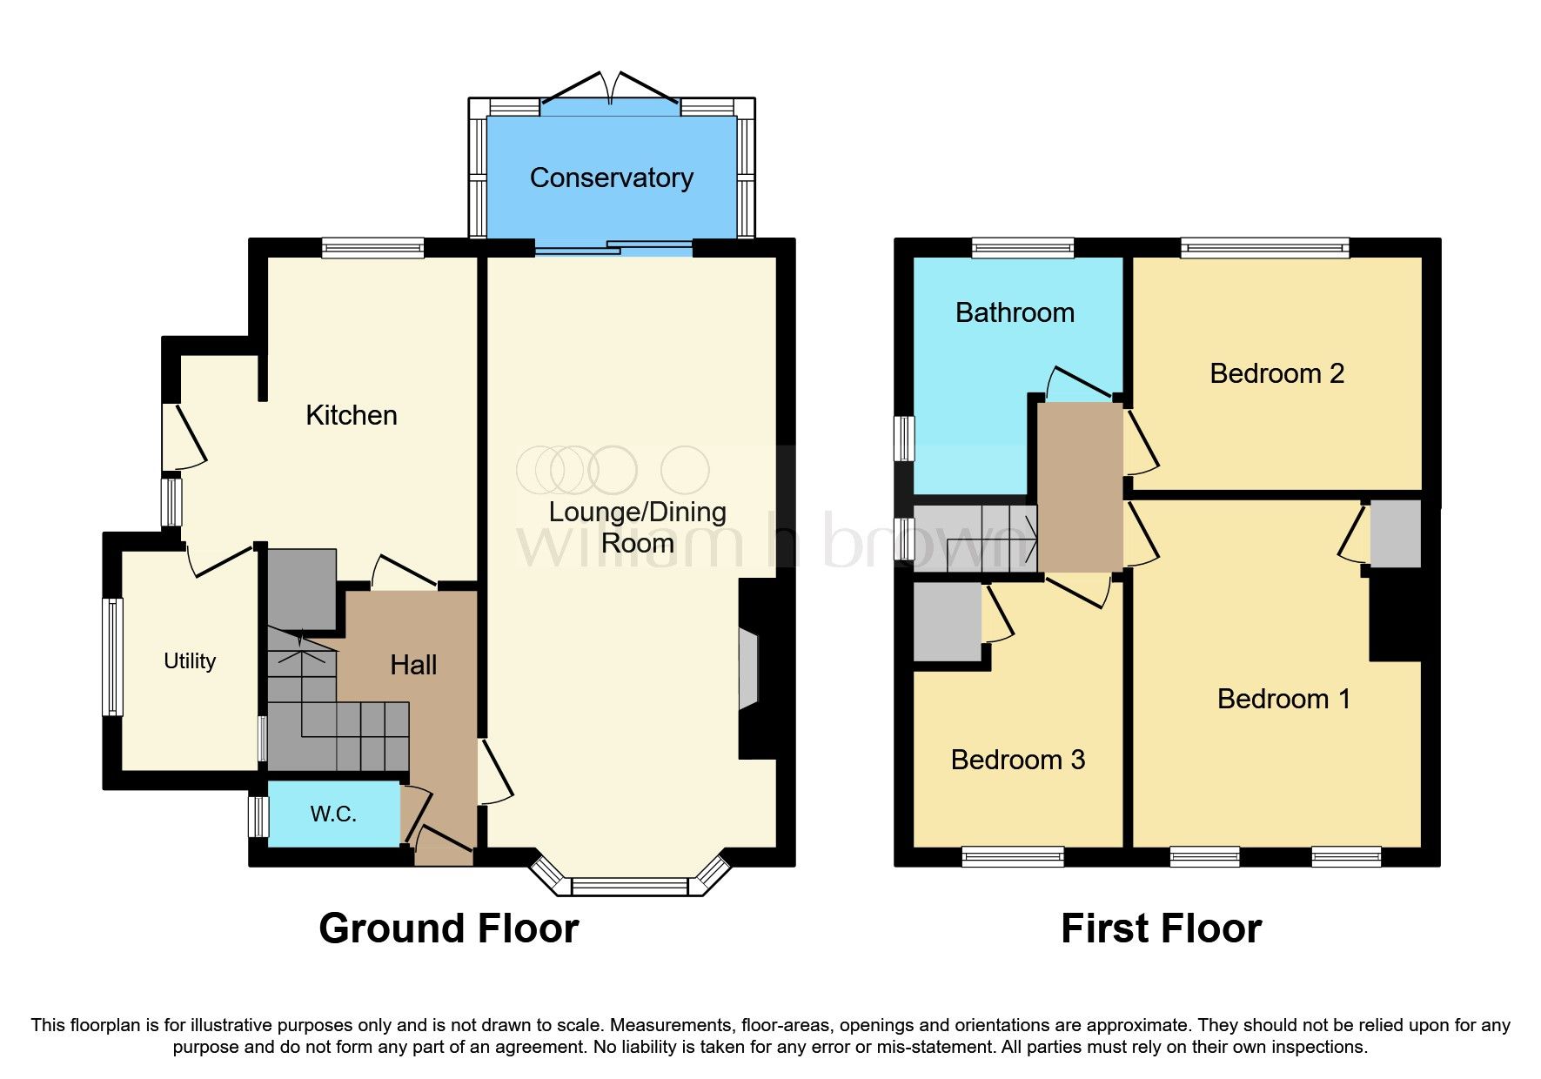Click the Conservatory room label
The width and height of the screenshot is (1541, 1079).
pyautogui.click(x=611, y=178)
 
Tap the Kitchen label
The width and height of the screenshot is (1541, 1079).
pyautogui.click(x=351, y=415)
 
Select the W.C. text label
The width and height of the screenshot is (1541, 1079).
pyautogui.click(x=333, y=814)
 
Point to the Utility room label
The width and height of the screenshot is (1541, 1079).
pyautogui.click(x=190, y=661)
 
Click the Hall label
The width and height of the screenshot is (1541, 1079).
pyautogui.click(x=413, y=666)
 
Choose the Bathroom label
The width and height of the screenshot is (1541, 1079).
pyautogui.click(x=1015, y=313)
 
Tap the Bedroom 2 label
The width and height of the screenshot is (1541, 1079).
pyautogui.click(x=1276, y=374)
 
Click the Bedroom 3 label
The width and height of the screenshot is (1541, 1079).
pyautogui.click(x=1017, y=760)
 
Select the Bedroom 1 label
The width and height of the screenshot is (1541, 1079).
pyautogui.click(x=1283, y=699)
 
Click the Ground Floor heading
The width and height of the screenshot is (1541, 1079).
pyautogui.click(x=448, y=928)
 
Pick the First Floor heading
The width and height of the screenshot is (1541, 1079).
pyautogui.click(x=1161, y=928)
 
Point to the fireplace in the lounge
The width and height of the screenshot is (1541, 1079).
pyautogui.click(x=748, y=669)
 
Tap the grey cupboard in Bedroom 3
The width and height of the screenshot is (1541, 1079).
pyautogui.click(x=947, y=621)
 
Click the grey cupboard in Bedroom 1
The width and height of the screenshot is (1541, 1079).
pyautogui.click(x=1396, y=533)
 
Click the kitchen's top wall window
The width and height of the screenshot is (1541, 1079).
pyautogui.click(x=372, y=249)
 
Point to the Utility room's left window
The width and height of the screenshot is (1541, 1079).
pyautogui.click(x=112, y=657)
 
